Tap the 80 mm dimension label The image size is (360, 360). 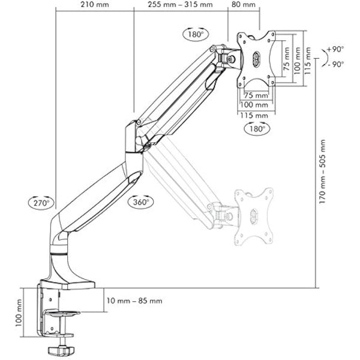pyautogui.click(x=242, y=5)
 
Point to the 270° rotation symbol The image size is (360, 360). pyautogui.click(x=40, y=202)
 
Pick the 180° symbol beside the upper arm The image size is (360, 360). pyautogui.click(x=195, y=34)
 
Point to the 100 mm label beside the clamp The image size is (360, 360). pyautogui.click(x=19, y=313)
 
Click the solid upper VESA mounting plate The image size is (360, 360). pyautogui.click(x=258, y=58)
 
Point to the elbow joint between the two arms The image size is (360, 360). pyautogui.click(x=135, y=137)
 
